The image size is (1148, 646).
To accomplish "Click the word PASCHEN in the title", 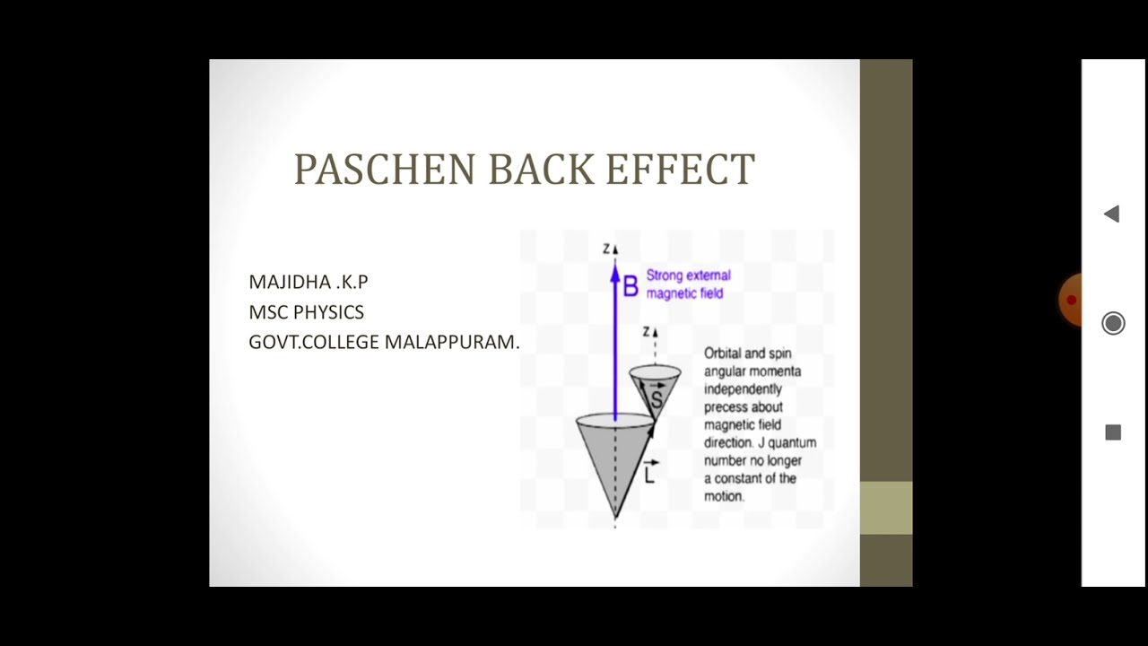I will (385, 170).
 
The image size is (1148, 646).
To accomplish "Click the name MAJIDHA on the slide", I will (289, 282).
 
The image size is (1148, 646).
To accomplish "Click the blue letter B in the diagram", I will (631, 287).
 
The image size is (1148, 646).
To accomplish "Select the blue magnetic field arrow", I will (615, 341).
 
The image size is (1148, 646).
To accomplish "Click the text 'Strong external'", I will (688, 275).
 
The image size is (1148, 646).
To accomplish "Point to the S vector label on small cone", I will (657, 398).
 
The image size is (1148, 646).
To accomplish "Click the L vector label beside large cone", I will (650, 474).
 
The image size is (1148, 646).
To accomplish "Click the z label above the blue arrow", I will (607, 249).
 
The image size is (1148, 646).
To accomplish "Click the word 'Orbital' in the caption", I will (723, 354).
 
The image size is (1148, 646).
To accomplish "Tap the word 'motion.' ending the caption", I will (724, 496).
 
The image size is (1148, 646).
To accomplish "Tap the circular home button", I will (1113, 323).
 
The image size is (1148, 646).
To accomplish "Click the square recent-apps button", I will (1113, 432).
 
